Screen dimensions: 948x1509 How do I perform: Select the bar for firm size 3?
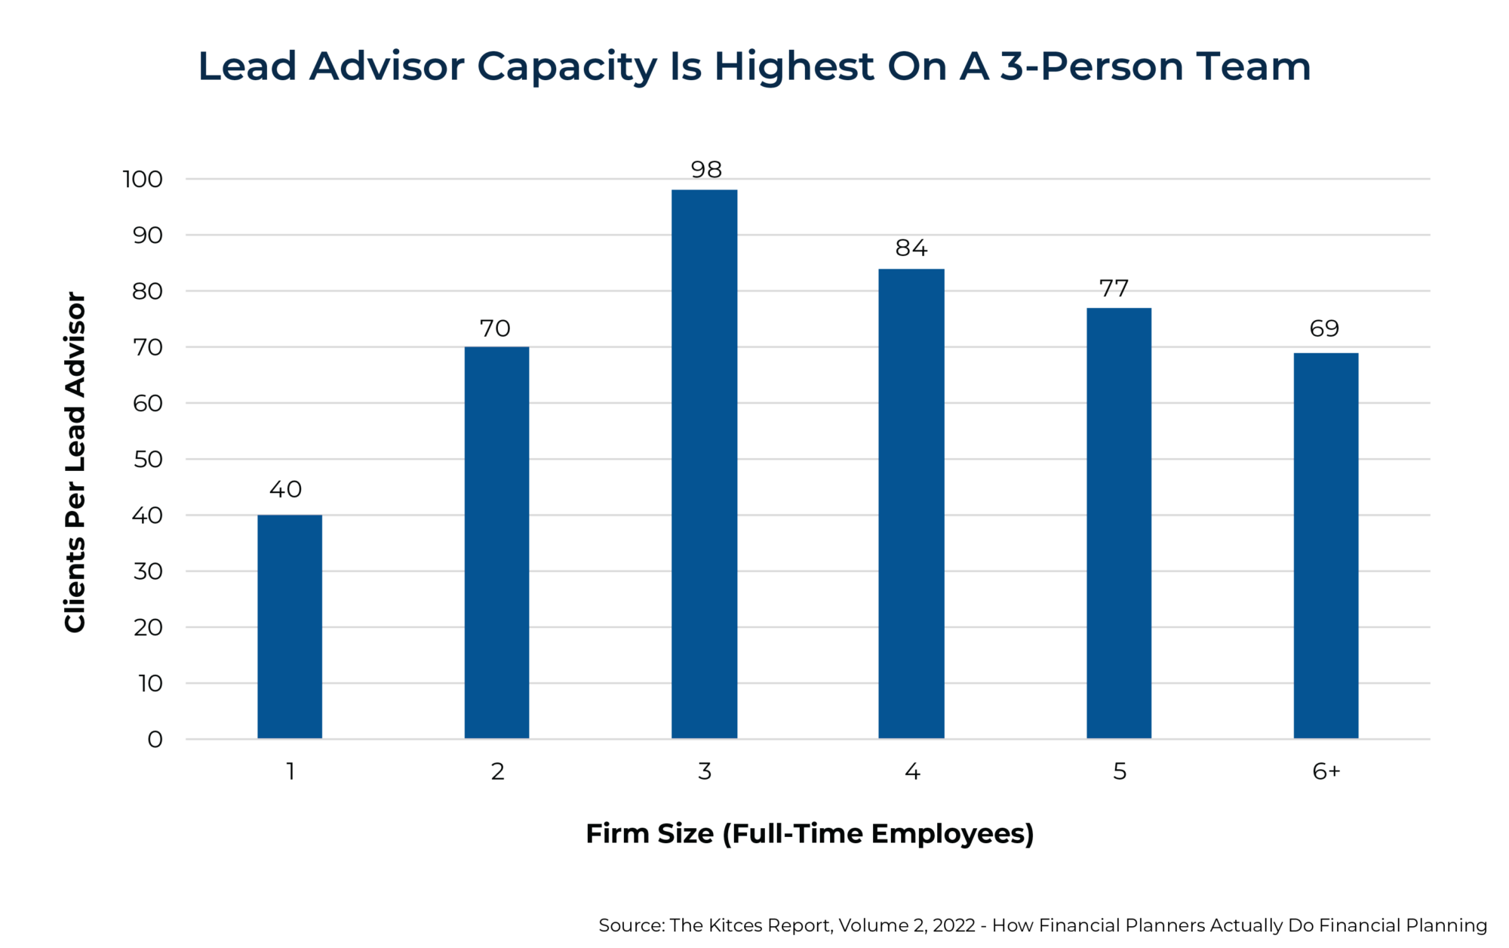click(x=704, y=464)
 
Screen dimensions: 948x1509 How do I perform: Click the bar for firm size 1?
click(x=290, y=626)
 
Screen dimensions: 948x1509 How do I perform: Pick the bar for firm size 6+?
click(x=1326, y=545)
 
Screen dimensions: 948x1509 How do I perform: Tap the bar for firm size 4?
click(x=911, y=503)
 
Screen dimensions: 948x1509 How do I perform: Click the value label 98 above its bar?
click(x=706, y=170)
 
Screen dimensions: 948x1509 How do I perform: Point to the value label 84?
click(x=911, y=248)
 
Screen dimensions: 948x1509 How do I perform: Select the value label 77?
click(x=1114, y=288)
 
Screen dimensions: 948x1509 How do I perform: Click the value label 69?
click(x=1324, y=328)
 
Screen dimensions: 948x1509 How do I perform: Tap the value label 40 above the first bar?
click(x=285, y=490)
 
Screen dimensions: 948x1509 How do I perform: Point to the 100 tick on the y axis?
click(x=143, y=180)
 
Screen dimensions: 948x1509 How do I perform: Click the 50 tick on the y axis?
click(x=147, y=460)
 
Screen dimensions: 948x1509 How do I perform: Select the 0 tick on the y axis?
click(x=155, y=740)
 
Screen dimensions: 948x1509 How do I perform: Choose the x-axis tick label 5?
click(x=1120, y=771)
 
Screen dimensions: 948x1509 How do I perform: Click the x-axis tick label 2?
click(x=497, y=771)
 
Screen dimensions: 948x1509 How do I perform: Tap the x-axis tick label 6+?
click(x=1326, y=771)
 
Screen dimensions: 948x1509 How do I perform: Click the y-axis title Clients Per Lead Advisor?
click(x=75, y=462)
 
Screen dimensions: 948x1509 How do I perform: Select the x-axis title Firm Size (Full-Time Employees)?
click(x=810, y=834)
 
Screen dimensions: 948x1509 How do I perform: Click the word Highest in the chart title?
click(x=794, y=67)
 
